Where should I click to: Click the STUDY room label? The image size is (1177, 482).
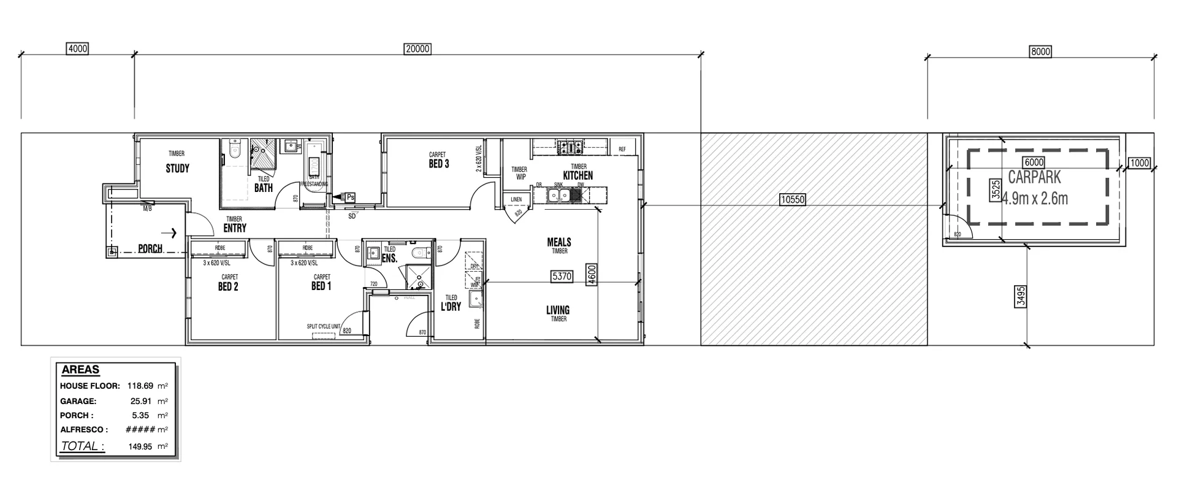177,169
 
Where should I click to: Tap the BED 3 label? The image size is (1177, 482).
438,164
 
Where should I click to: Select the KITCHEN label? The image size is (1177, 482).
577,175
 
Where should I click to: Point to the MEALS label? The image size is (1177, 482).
559,243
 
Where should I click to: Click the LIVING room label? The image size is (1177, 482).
558,310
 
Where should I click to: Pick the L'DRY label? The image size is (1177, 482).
451,307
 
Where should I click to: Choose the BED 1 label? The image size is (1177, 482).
321,286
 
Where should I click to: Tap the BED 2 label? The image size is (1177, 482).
228,286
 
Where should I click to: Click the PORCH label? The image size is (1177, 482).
150,248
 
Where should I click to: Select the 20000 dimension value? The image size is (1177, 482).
417,49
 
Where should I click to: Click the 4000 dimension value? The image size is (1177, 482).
77,48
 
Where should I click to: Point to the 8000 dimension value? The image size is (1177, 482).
1040,52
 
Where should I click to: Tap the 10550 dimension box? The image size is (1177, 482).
792,199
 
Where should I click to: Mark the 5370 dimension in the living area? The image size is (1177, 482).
562,277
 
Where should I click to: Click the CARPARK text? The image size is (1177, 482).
1034,178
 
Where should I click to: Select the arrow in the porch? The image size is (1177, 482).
173,233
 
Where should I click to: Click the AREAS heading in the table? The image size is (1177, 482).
80,370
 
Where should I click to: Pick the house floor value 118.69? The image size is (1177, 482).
140,386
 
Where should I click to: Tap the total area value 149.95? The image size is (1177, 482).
140,446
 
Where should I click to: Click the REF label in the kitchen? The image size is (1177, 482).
622,150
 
